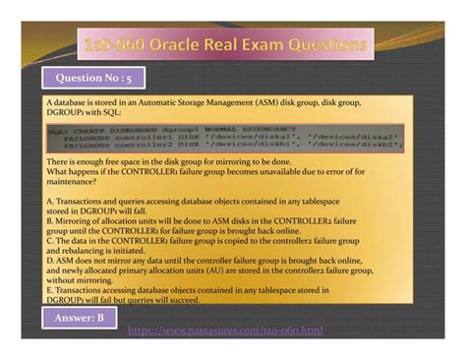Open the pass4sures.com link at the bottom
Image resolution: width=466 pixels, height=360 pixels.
(x=232, y=331)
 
